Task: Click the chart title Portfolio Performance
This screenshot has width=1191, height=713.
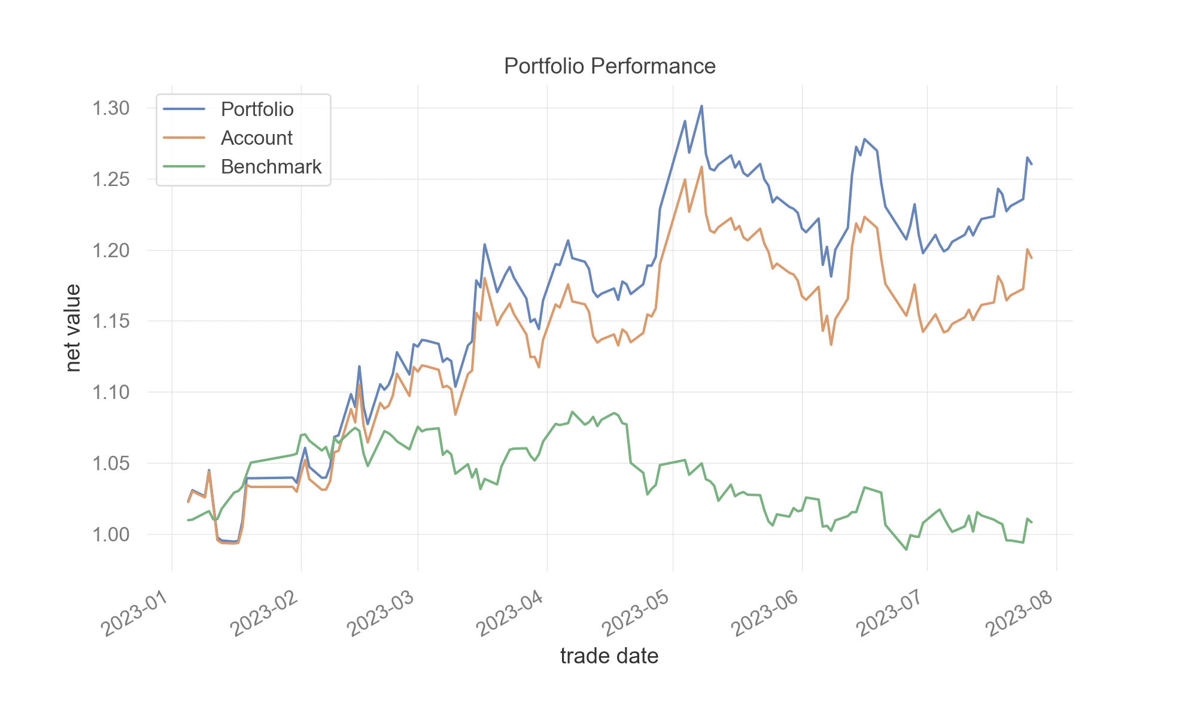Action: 609,66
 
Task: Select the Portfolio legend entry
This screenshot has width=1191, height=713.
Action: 257,109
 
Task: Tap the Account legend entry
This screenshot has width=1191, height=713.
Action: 256,138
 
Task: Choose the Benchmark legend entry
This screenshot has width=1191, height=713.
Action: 271,167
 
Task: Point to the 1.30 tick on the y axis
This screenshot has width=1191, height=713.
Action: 111,108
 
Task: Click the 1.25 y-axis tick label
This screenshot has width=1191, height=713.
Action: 111,179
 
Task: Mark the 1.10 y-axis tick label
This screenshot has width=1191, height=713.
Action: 111,392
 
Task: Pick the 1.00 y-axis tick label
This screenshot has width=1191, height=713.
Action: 111,534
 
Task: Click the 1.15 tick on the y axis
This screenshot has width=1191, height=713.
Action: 111,321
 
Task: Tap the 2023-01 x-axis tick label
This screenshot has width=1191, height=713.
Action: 140,613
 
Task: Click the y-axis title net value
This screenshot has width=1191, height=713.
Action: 73,328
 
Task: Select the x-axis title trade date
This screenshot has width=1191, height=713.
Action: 609,656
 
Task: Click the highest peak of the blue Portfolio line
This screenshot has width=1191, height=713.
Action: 701,106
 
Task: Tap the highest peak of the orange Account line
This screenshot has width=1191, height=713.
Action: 701,167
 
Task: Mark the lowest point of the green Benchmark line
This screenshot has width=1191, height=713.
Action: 907,549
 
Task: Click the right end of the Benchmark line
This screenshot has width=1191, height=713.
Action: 1031,522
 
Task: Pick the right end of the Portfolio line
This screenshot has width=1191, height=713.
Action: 1031,163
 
